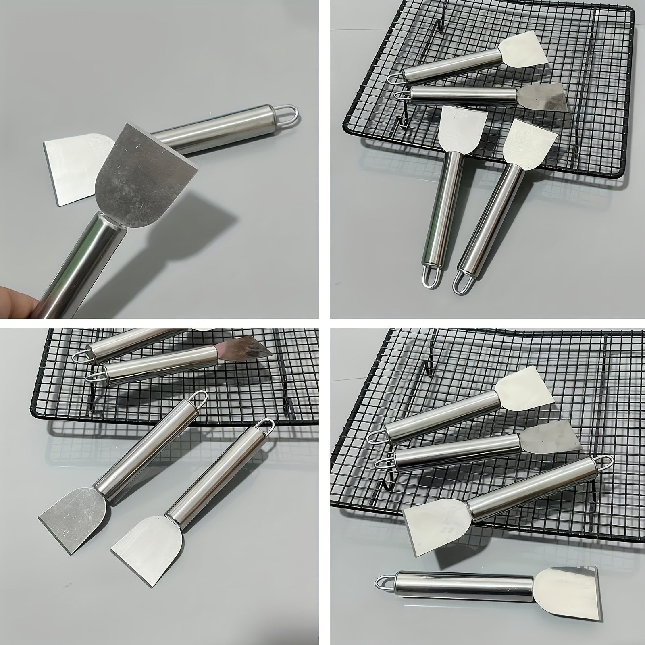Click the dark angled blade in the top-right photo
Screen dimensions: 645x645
tap(542, 97)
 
